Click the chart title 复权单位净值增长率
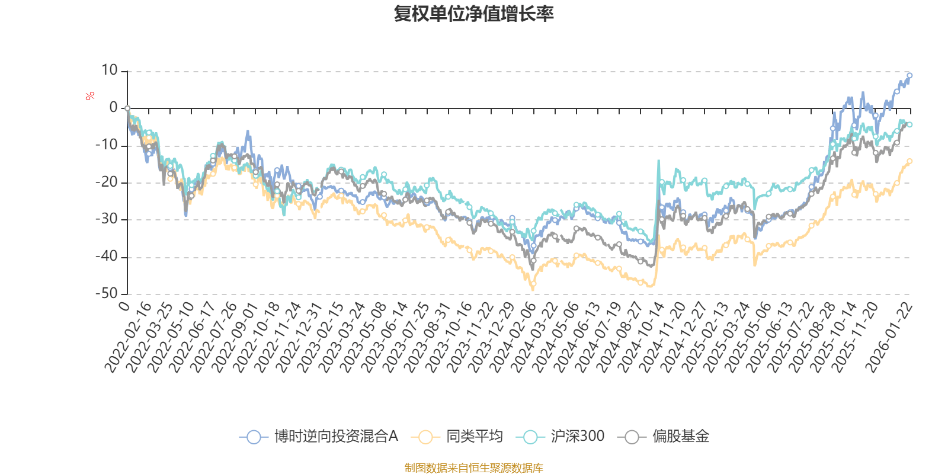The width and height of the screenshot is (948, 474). (474, 13)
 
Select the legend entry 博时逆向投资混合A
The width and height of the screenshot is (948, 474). (335, 437)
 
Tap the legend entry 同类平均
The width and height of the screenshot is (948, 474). (474, 437)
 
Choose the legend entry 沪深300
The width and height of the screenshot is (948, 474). (577, 437)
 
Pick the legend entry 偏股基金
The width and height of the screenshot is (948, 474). (680, 437)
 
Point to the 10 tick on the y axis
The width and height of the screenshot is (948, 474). (110, 71)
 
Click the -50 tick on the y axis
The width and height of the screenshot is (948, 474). (107, 293)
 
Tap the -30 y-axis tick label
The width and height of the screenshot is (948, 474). (107, 219)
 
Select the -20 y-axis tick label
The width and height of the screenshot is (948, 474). (107, 182)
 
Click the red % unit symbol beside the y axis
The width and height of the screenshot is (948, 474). (90, 96)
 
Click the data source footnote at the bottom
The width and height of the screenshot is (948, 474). (474, 468)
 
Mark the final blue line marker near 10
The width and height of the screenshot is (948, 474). (909, 76)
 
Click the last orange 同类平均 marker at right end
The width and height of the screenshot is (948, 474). (909, 161)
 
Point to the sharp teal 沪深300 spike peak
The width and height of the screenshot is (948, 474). (658, 161)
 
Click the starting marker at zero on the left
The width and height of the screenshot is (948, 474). (127, 108)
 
